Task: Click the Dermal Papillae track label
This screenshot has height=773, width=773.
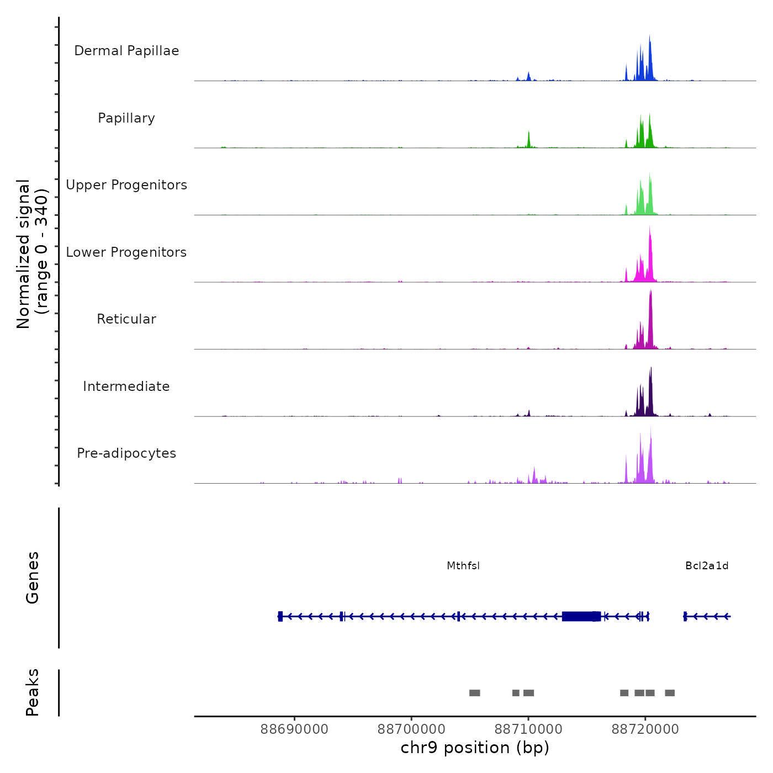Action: pos(126,51)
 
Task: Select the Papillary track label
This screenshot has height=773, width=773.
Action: pos(126,118)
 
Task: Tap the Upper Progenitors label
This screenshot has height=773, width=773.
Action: pos(126,185)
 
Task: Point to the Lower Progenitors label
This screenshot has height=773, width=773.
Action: pos(126,252)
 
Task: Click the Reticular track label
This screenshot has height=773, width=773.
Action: pos(126,319)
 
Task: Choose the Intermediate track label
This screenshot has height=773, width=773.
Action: pos(126,386)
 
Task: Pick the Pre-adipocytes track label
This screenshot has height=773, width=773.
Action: pos(126,453)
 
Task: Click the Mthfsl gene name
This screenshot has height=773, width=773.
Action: pos(463,566)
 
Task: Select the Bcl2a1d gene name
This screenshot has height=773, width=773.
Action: pos(707,566)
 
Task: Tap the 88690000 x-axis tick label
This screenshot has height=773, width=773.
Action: pos(294,729)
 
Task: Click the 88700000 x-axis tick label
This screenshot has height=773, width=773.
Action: pos(411,729)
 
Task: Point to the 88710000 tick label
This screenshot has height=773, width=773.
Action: pos(528,729)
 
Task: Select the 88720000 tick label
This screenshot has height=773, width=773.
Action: pos(645,729)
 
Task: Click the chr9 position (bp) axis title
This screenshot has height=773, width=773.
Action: pos(475,748)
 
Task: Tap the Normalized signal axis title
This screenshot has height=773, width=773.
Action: pos(32,254)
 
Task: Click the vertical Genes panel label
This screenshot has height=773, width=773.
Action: pos(33,578)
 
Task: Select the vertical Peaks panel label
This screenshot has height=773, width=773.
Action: pos(33,692)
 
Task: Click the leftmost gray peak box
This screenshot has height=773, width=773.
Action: pos(474,693)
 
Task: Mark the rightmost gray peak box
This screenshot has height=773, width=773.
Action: pos(670,693)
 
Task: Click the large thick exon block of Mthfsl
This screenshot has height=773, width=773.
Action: pos(578,616)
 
